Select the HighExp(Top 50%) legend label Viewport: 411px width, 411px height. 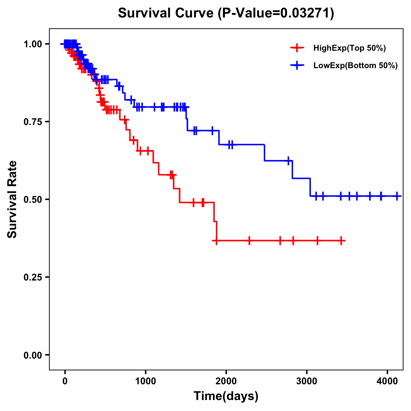tap(350, 48)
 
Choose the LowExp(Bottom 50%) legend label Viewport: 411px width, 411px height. tap(356, 65)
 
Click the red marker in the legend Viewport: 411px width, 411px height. tap(297, 48)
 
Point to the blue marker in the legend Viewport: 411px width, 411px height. tap(297, 65)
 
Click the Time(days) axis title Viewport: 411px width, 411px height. tap(226, 396)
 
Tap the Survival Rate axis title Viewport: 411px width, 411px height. tap(12, 199)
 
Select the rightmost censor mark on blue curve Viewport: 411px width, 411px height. tap(397, 196)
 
